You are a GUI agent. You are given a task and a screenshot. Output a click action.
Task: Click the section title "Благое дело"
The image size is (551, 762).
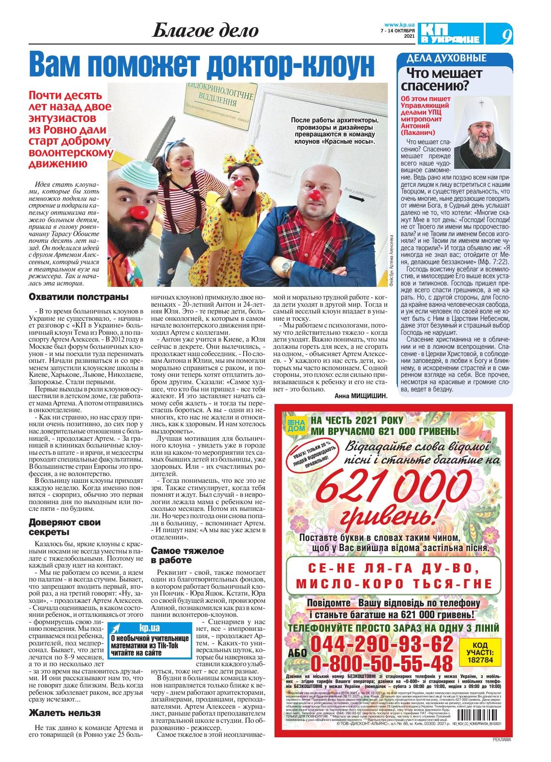(x=205, y=31)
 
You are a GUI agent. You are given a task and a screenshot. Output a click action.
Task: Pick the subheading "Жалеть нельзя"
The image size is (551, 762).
(x=64, y=713)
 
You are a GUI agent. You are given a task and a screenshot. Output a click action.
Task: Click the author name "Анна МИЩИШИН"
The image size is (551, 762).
(x=361, y=396)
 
